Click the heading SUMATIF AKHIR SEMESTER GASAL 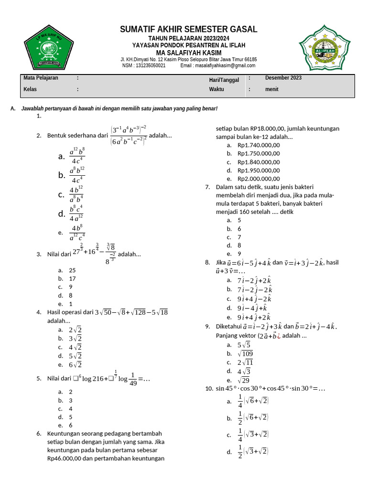coord(188,30)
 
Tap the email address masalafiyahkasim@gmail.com coord(225,65)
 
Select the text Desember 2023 coord(283,78)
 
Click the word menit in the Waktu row coord(272,89)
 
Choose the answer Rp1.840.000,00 coord(259,162)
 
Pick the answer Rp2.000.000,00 coord(259,179)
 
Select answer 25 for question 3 coord(72,270)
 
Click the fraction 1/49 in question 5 coord(132,379)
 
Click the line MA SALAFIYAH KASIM coord(188,52)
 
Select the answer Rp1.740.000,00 coord(259,145)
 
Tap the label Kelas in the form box coord(30,89)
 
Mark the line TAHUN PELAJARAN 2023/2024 coord(188,38)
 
